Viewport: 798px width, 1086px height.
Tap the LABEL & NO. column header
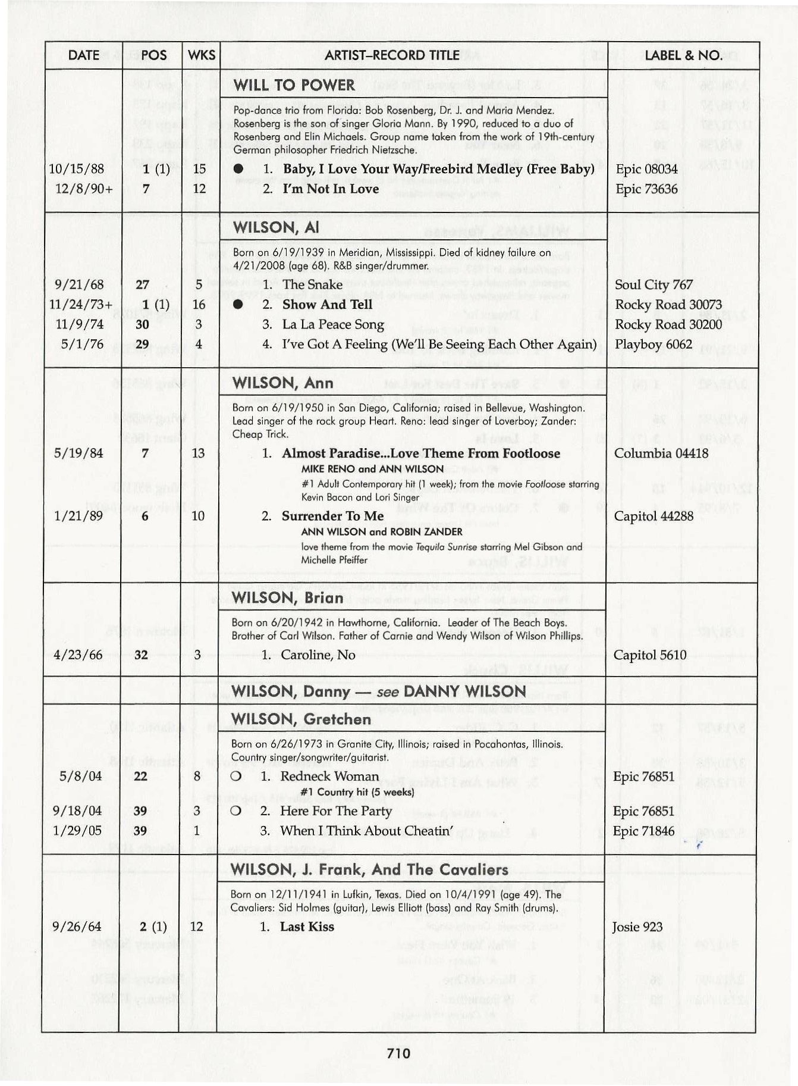click(x=683, y=55)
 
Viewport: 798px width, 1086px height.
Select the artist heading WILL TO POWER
click(x=294, y=85)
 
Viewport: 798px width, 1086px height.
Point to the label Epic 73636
click(x=646, y=189)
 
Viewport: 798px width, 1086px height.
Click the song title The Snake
click(x=312, y=284)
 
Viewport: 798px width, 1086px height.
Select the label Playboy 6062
click(x=654, y=345)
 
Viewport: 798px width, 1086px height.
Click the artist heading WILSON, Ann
click(x=283, y=383)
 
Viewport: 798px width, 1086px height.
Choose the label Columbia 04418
click(x=661, y=453)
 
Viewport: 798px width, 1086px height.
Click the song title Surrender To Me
click(x=332, y=516)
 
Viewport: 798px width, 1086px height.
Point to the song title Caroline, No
click(x=318, y=655)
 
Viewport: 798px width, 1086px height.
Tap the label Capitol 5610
click(x=650, y=655)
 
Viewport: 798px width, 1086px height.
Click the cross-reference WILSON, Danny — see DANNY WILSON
click(x=379, y=691)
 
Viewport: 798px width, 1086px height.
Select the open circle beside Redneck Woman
click(x=235, y=777)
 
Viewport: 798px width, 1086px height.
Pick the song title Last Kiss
click(x=307, y=927)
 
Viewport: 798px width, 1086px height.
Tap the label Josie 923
click(x=637, y=927)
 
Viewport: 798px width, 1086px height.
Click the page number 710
click(x=398, y=1054)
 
